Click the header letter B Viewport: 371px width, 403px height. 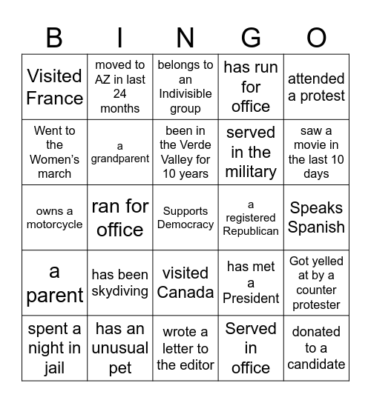54,37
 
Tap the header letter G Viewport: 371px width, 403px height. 251,37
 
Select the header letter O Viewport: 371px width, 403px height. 316,37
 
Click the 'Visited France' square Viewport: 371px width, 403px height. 54,87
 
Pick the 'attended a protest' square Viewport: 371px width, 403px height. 316,87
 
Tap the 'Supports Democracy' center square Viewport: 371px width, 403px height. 185,217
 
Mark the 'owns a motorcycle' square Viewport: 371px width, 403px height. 54,217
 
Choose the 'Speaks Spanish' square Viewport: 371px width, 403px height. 316,217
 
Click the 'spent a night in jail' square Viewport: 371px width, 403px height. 54,347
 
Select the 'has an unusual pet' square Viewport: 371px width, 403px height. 120,347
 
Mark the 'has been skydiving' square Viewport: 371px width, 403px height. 120,282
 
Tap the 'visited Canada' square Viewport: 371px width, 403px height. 185,282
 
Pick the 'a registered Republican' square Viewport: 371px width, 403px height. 251,217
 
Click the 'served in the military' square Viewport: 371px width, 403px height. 251,152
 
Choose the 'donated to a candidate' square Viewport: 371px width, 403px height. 316,347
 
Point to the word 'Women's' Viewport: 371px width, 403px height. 54,159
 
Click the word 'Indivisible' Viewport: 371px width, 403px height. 185,94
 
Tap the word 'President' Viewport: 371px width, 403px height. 251,298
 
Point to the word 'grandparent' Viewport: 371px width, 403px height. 120,159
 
